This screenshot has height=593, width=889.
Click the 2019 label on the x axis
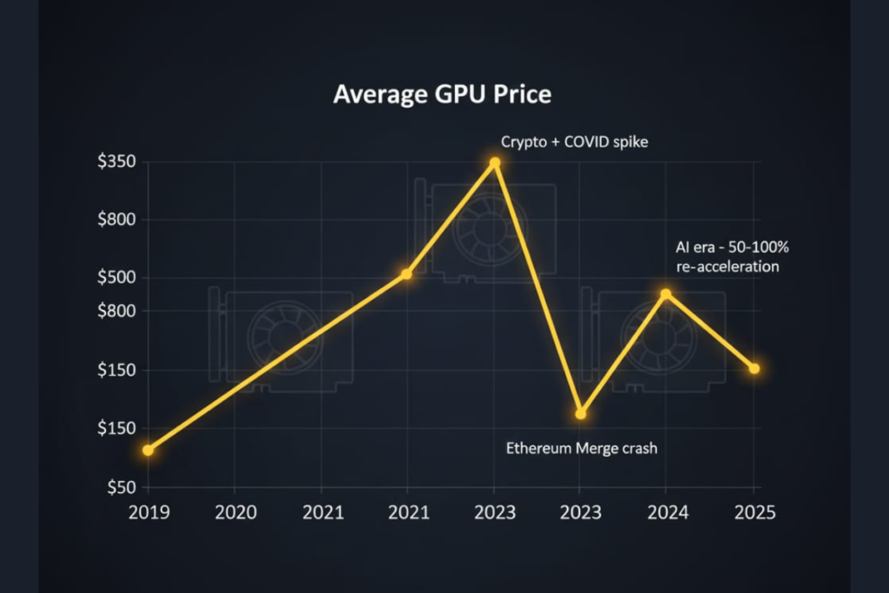pyautogui.click(x=148, y=512)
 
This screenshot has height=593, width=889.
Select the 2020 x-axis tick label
pyautogui.click(x=235, y=512)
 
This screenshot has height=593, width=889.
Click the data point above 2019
pyautogui.click(x=148, y=450)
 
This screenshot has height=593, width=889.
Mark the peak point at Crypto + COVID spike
pyautogui.click(x=495, y=162)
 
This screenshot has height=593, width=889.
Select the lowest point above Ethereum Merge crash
pyautogui.click(x=581, y=413)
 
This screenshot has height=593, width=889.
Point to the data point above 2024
pyautogui.click(x=666, y=294)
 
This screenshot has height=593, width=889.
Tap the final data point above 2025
pyautogui.click(x=754, y=369)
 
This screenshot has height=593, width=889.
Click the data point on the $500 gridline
pyautogui.click(x=406, y=274)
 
